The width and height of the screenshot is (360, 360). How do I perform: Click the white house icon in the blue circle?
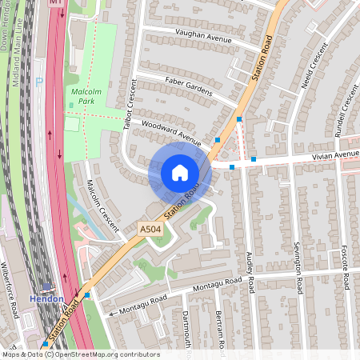click(180, 172)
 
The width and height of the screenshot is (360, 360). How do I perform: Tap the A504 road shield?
click(150, 229)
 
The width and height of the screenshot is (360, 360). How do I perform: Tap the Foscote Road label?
click(346, 267)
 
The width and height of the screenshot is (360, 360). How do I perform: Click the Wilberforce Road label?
click(9, 289)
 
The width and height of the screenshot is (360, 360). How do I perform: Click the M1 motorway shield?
click(56, 3)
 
